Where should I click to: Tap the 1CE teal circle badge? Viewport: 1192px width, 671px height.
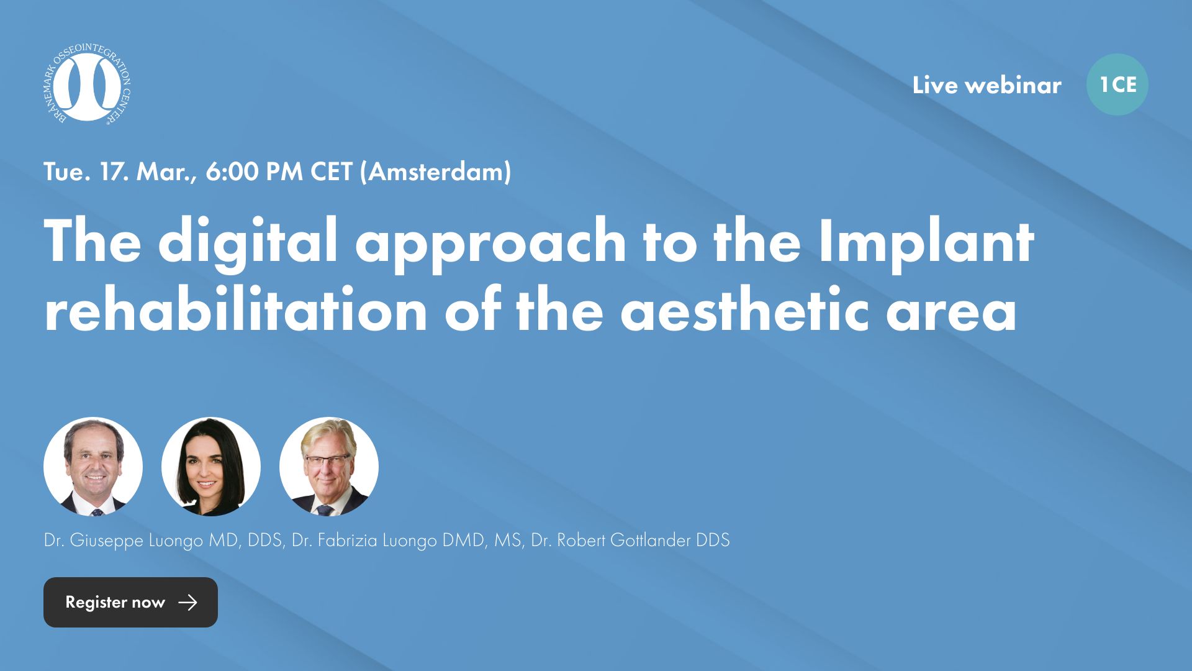[1117, 84]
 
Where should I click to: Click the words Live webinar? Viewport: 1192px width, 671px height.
[987, 85]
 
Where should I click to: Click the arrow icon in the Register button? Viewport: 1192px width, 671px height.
[187, 602]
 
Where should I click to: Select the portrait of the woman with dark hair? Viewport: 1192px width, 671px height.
[211, 467]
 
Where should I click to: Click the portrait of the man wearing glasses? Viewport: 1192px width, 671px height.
[329, 467]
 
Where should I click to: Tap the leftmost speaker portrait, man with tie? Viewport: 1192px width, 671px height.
[93, 467]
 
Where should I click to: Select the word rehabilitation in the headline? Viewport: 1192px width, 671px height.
[235, 309]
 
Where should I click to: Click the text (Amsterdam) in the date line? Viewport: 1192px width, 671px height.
[435, 172]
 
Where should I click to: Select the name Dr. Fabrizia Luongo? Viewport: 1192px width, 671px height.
[364, 541]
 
